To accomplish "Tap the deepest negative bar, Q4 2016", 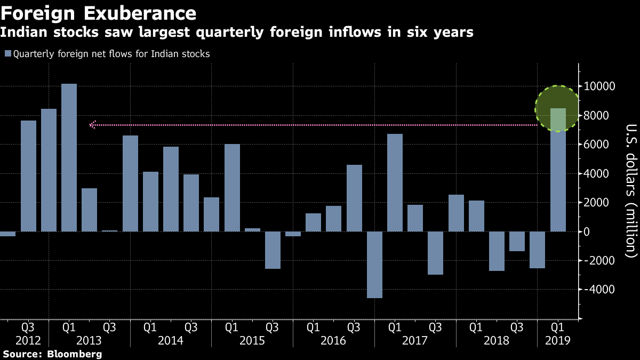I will coord(375,265).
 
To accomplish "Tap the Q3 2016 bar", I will coord(355,205).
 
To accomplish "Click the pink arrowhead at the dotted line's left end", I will coord(92,125).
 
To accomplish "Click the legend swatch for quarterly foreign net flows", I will coord(7,54).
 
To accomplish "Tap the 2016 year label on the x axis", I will coord(334,340).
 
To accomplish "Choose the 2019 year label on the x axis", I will coord(558,340).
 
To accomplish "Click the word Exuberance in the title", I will coord(139,12).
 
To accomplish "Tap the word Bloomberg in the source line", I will coord(75,354).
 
